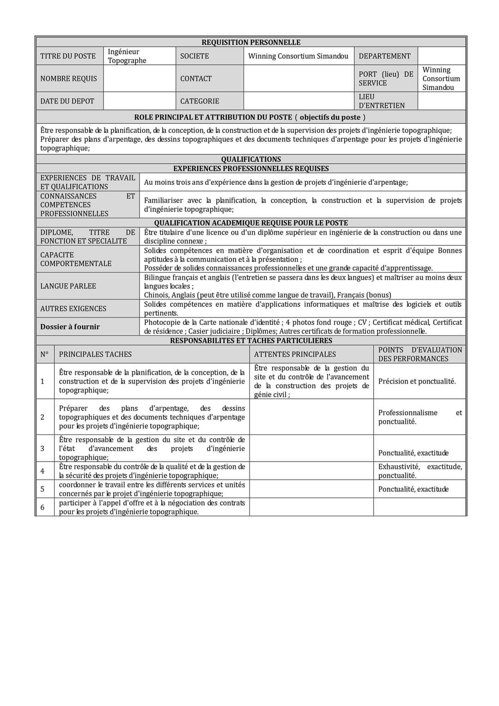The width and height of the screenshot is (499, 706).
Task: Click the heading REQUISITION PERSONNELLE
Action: pyautogui.click(x=251, y=43)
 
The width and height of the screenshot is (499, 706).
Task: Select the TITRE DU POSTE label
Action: pyautogui.click(x=68, y=56)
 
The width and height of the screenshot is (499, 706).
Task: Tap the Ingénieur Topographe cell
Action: pyautogui.click(x=127, y=56)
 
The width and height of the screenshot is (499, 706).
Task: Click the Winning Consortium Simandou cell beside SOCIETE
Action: pyautogui.click(x=298, y=56)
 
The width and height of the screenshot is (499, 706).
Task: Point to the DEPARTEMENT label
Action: pyautogui.click(x=384, y=56)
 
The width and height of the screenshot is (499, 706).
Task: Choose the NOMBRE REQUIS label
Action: pyautogui.click(x=68, y=79)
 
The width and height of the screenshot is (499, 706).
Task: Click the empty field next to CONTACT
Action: pyautogui.click(x=298, y=79)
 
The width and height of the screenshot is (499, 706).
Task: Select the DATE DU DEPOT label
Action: pyautogui.click(x=67, y=101)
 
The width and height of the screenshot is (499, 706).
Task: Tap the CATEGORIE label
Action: pyautogui.click(x=200, y=101)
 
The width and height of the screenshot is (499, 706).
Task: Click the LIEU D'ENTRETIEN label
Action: pyautogui.click(x=382, y=101)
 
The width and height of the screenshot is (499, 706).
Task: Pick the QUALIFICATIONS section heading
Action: pyautogui.click(x=251, y=159)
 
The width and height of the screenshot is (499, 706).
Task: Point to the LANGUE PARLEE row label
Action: pyautogui.click(x=68, y=286)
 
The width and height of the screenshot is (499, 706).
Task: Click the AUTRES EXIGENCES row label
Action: pyautogui.click(x=73, y=309)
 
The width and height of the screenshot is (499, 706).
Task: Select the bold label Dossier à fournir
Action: pyautogui.click(x=70, y=327)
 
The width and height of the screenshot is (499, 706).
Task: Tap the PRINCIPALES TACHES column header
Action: pyautogui.click(x=95, y=354)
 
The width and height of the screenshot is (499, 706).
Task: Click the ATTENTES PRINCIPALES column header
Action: pyautogui.click(x=295, y=354)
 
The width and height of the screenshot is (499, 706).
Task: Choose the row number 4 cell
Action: pyautogui.click(x=43, y=471)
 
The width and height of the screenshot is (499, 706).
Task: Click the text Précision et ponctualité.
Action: pyautogui.click(x=417, y=382)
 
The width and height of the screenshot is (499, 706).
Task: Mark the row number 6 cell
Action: pyautogui.click(x=43, y=507)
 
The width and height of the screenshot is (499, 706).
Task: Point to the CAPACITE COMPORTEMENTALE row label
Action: pyautogui.click(x=76, y=259)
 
